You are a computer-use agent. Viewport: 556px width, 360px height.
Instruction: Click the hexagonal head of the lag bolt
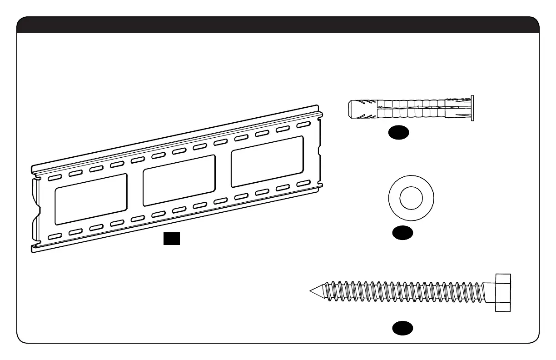click(x=502, y=292)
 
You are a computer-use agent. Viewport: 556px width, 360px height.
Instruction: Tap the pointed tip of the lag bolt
click(x=312, y=291)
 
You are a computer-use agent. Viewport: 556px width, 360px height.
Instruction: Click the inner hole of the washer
click(x=411, y=199)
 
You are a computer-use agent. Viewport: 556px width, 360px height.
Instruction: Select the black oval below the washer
click(x=403, y=232)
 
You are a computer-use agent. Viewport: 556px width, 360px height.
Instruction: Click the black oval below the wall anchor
click(x=399, y=132)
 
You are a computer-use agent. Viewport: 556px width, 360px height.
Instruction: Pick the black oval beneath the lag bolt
click(x=403, y=328)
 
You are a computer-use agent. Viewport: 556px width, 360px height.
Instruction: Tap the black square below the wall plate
click(x=172, y=238)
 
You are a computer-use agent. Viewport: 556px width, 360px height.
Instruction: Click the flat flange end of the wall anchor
click(x=472, y=108)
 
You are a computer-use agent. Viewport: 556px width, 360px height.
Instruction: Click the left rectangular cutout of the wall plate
click(x=91, y=198)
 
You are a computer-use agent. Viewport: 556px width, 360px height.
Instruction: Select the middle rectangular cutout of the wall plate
click(x=179, y=180)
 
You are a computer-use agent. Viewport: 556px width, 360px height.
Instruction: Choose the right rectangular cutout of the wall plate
click(x=267, y=161)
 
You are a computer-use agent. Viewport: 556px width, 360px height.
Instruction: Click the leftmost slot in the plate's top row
click(x=54, y=176)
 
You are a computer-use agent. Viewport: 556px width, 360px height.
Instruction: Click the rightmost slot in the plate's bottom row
click(x=303, y=183)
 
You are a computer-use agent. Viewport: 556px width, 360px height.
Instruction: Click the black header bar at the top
click(x=278, y=25)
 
